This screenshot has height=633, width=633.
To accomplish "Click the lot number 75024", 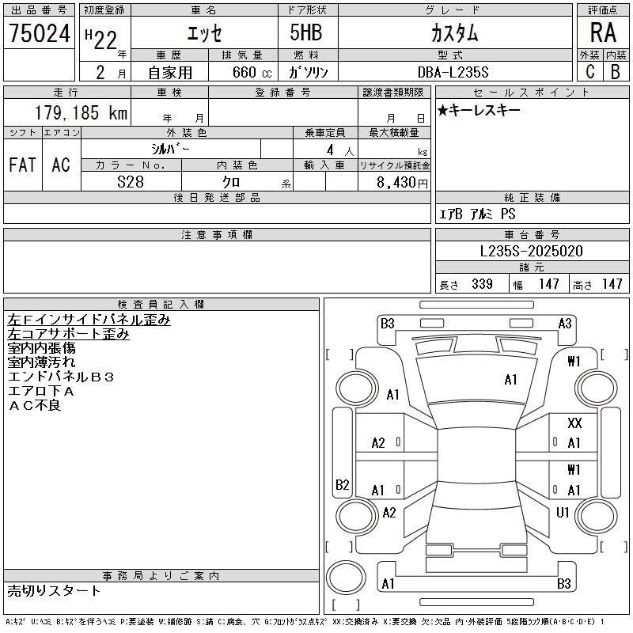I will coord(40,33).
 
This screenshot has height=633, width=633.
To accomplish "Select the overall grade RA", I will coord(603,33).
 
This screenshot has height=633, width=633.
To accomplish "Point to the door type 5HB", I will coord(306,33).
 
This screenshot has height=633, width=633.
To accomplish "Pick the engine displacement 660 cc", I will coord(242,72).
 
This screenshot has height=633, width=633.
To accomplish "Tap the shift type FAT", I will coord(22,165).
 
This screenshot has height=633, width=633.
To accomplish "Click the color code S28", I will coord(131,182).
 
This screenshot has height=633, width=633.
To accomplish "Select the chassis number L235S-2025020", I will coord(532,252).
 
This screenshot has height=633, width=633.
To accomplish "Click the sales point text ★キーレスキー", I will coord(479,110).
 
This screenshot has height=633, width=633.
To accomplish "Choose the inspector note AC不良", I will coord(34,406).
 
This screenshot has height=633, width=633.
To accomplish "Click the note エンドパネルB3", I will coord(61,377).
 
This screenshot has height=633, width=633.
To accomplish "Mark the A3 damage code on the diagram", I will coord(564,323).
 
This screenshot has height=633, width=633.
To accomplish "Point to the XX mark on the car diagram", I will coord(574,424).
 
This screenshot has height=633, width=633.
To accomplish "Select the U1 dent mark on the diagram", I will coord(563,513).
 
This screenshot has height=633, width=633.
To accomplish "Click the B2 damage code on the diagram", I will coord(342,484).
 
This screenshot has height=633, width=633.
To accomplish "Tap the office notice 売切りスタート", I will coord(54,590).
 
